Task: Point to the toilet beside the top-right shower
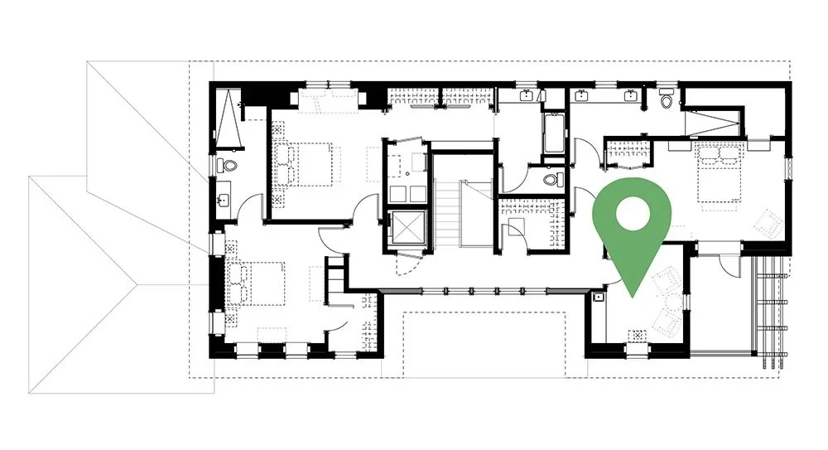[x=667, y=100]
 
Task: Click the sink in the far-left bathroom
[x=224, y=200]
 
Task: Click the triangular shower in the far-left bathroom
[x=231, y=121]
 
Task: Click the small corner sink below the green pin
[x=598, y=295]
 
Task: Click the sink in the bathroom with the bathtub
[x=527, y=96]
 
